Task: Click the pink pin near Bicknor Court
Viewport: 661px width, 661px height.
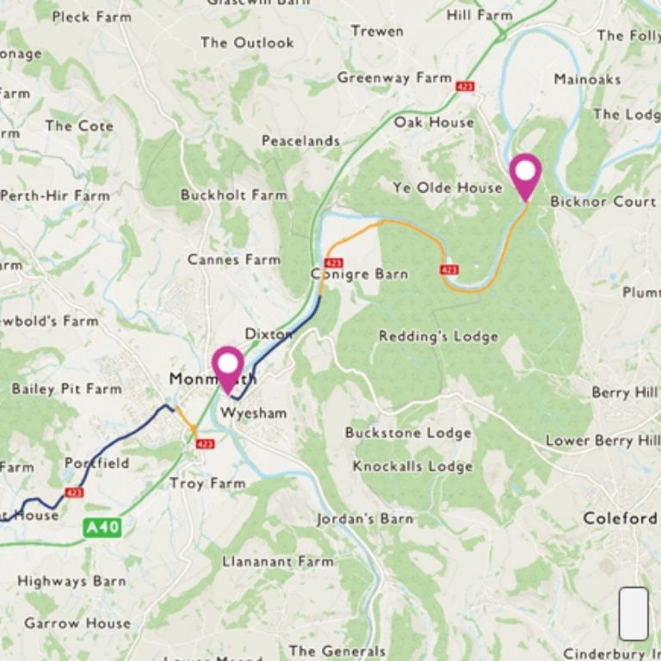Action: (x=524, y=175)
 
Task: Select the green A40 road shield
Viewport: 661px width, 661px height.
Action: (x=102, y=527)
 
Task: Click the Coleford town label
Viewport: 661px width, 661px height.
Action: (x=620, y=518)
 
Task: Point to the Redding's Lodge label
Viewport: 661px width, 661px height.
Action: (x=438, y=336)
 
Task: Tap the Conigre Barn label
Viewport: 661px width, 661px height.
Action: (x=359, y=274)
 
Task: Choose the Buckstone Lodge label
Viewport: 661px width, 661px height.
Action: (x=408, y=433)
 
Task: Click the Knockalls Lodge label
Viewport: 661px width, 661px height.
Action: (x=412, y=466)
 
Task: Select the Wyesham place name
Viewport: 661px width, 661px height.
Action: (x=253, y=413)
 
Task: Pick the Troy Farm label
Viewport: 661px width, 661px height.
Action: (x=207, y=483)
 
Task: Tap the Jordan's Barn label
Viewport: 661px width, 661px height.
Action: (x=364, y=518)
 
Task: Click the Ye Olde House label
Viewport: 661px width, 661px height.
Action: (x=447, y=188)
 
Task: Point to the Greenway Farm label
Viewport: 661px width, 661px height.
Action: (x=394, y=77)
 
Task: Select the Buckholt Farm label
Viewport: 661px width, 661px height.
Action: (x=233, y=195)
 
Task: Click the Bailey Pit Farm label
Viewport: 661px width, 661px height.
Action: (x=66, y=389)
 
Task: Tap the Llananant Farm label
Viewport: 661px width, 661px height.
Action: (x=277, y=561)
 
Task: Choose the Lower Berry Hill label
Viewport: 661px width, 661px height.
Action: (x=602, y=441)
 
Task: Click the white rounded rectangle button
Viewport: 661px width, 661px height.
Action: (x=633, y=614)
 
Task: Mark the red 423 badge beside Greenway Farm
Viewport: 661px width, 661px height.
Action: (x=466, y=86)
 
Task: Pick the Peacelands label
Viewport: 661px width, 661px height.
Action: (x=300, y=140)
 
